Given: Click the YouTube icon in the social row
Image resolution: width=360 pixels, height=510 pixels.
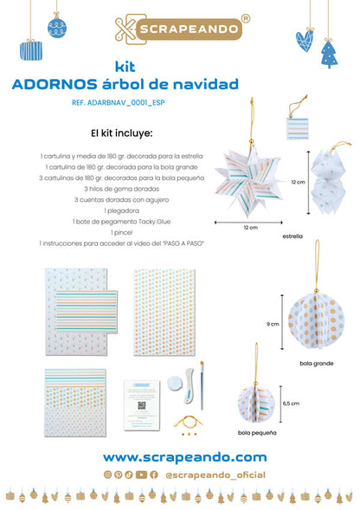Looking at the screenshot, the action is click(x=141, y=474).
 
